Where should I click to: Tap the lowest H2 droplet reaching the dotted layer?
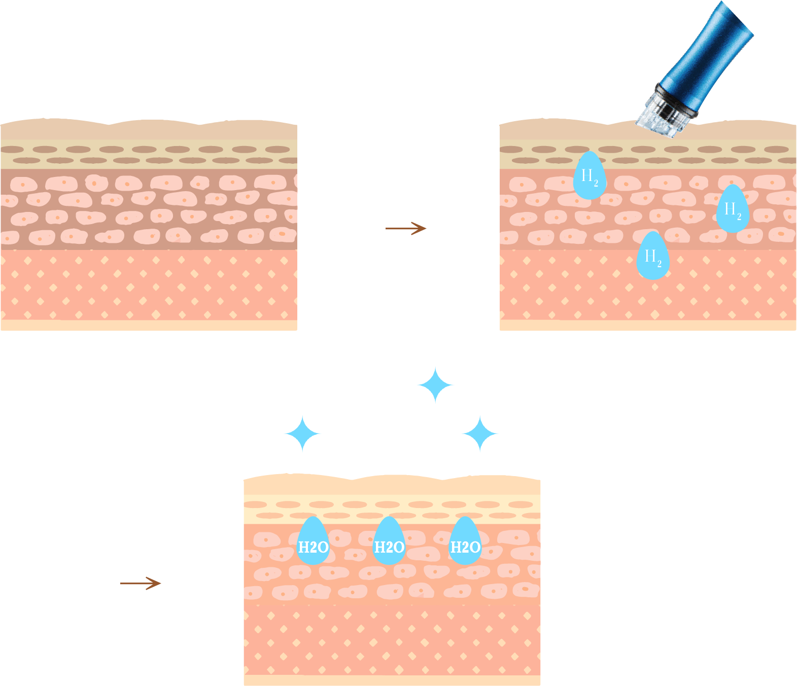tap(652, 257)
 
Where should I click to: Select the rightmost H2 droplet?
tap(732, 210)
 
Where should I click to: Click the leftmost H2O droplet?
tap(313, 543)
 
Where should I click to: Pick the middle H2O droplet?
tap(389, 543)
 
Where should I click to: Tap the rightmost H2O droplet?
tap(465, 543)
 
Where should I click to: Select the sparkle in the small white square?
tap(435, 386)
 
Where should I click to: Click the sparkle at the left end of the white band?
tap(302, 434)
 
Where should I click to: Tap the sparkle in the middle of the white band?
tap(480, 434)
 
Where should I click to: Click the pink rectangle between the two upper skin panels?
tap(398, 284)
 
